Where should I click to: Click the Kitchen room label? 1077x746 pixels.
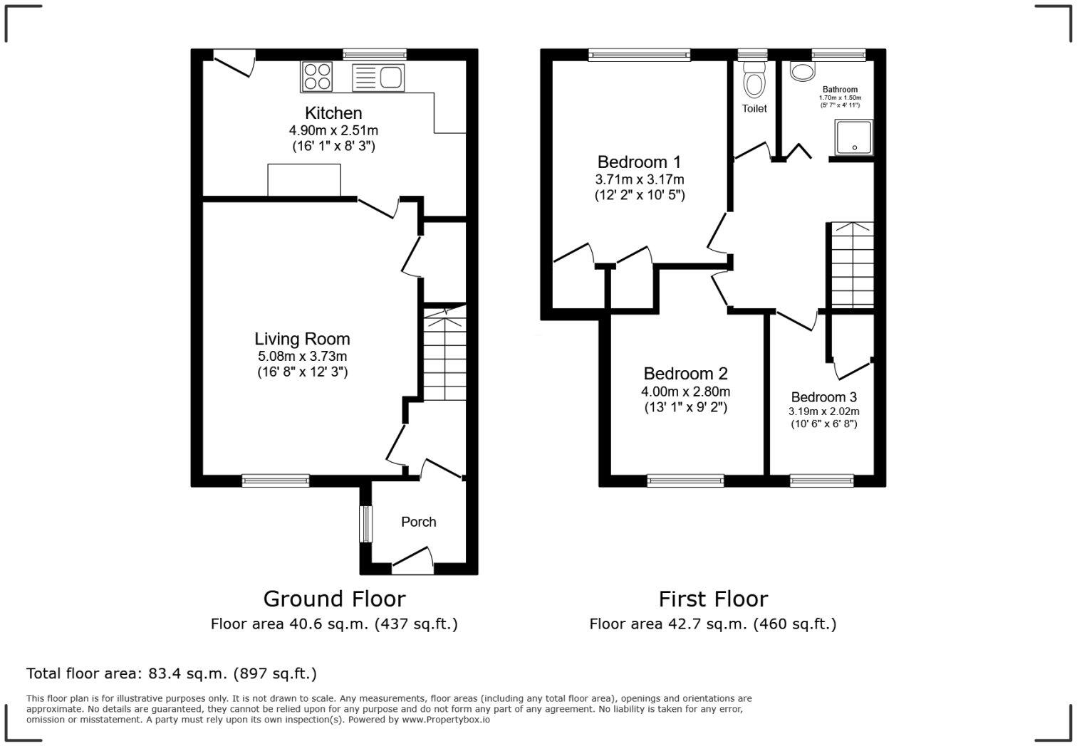(x=333, y=113)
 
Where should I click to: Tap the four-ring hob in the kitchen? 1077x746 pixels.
(x=317, y=76)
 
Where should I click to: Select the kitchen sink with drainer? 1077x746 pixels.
(x=378, y=77)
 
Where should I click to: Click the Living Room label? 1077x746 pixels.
(x=302, y=339)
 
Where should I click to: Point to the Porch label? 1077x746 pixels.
(x=418, y=522)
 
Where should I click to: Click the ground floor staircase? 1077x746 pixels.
(x=445, y=352)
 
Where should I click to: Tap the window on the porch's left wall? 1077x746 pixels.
(x=365, y=523)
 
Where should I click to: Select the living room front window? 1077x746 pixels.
(x=276, y=481)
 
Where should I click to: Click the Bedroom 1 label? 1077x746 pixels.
(x=639, y=162)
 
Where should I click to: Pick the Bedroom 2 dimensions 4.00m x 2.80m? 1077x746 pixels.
(x=685, y=392)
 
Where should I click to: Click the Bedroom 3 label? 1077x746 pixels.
(x=823, y=397)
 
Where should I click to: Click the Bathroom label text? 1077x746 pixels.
(x=840, y=90)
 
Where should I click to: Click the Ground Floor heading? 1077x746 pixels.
(x=334, y=599)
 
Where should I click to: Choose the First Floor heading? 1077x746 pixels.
(x=713, y=599)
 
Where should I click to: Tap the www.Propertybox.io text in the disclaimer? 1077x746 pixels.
(x=445, y=720)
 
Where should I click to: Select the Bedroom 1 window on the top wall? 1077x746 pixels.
(x=640, y=55)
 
